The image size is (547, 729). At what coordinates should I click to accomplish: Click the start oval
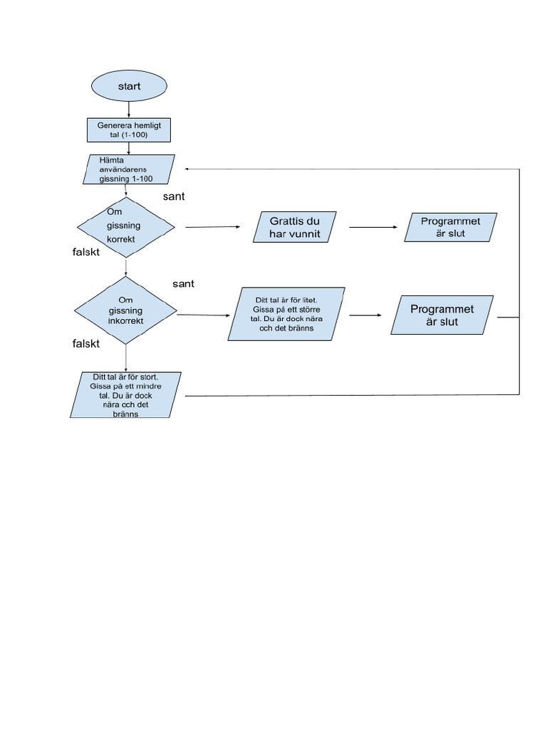129,86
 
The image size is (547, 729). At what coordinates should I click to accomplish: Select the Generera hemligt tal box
129,130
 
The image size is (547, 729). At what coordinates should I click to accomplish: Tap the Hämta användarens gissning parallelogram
129,169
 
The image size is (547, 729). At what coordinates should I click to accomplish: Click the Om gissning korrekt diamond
126,227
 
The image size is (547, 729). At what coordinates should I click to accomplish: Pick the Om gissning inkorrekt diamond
125,310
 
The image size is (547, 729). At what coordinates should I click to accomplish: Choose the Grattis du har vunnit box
294,227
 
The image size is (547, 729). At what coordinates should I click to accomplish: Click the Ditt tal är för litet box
286,314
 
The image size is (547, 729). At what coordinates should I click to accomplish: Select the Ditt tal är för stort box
125,395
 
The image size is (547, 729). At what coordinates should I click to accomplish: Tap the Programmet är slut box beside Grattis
450,227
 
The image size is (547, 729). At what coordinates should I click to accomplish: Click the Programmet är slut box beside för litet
442,315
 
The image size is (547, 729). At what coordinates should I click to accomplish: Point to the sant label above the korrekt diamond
174,196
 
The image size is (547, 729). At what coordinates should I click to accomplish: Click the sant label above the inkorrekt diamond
183,284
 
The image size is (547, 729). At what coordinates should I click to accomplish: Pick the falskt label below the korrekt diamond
86,252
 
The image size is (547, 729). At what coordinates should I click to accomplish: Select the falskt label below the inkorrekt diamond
86,344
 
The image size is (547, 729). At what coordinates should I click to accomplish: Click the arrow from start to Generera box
129,110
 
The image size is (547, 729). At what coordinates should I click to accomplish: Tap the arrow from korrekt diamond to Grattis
212,227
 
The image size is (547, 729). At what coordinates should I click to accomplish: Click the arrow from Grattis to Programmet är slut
373,227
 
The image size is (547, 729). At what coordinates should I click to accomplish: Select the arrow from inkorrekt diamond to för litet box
204,315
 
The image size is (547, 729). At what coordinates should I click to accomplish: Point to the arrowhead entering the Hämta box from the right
187,169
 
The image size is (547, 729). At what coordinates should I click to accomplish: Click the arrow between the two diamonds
126,268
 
